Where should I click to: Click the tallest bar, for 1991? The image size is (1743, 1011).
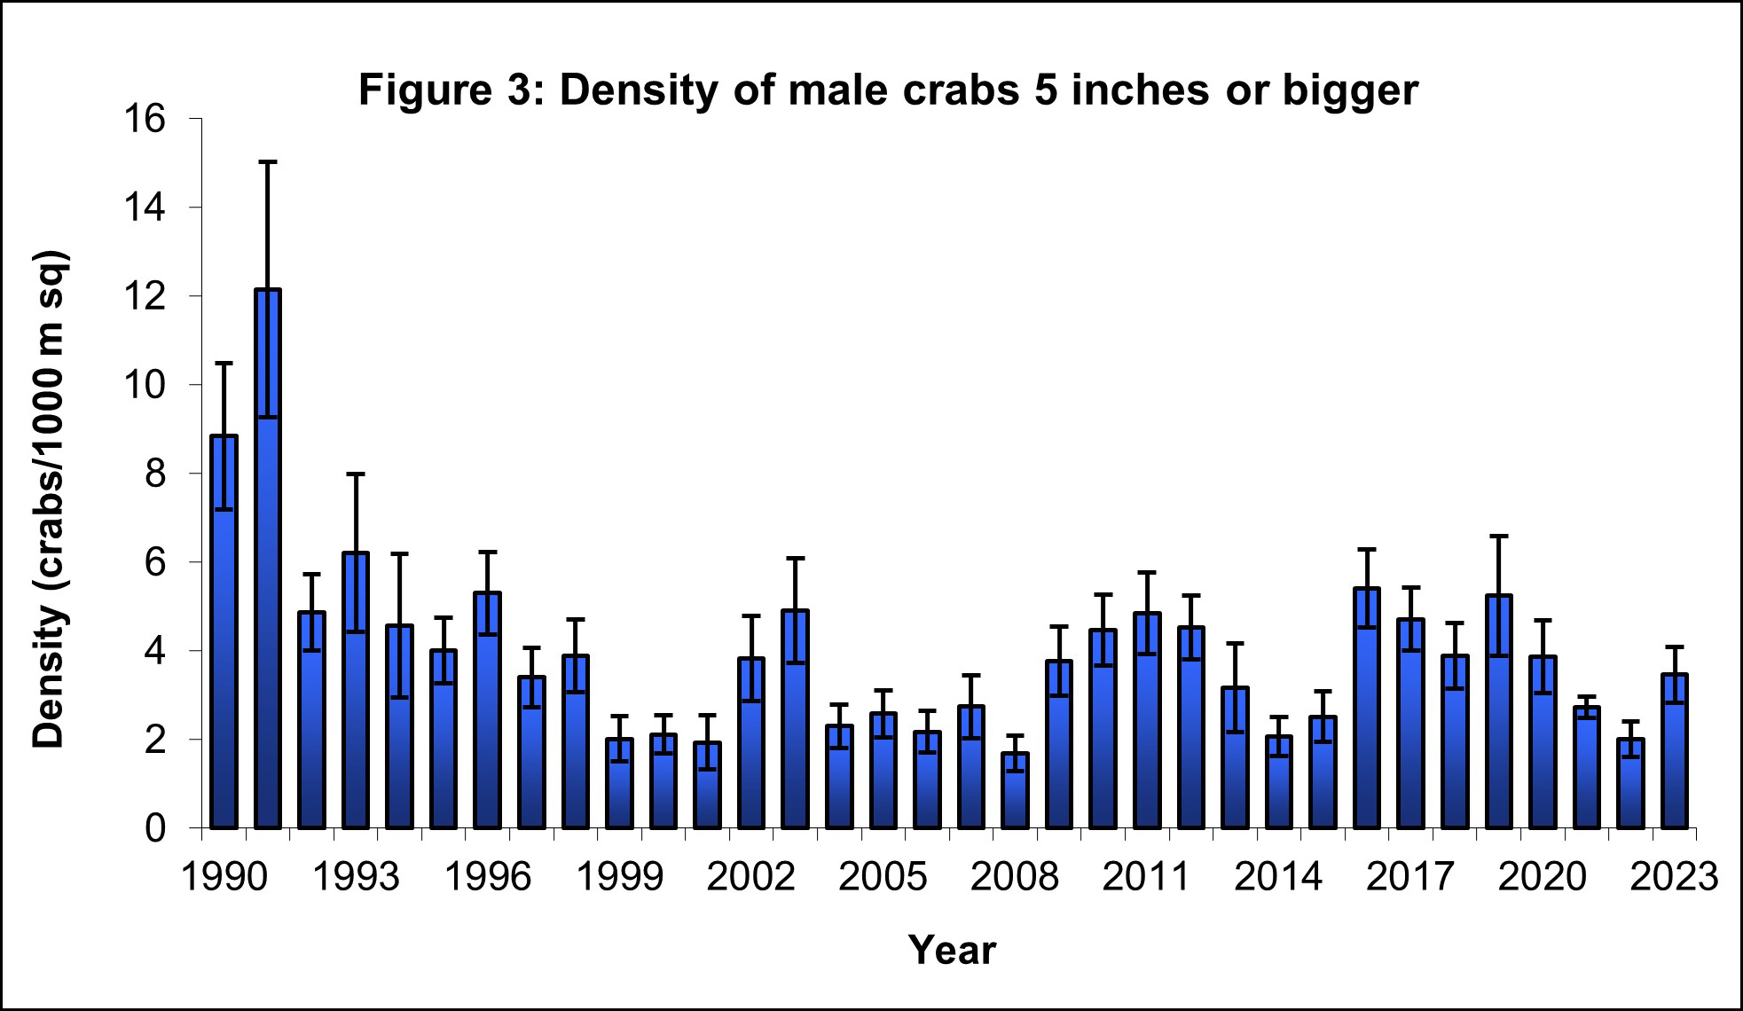(x=267, y=559)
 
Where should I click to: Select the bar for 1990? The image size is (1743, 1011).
(x=224, y=631)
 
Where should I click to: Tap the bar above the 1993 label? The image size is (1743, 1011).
(x=355, y=690)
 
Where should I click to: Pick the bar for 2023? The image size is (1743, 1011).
(x=1674, y=751)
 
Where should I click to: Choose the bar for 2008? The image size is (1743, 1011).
(x=1015, y=790)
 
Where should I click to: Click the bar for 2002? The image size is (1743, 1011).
(x=750, y=743)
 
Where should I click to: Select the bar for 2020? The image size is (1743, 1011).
(x=1543, y=742)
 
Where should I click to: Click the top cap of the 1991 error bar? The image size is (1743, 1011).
(x=267, y=162)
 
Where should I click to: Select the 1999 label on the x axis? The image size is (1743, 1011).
(x=618, y=877)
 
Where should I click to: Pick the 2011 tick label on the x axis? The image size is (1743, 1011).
(x=1146, y=877)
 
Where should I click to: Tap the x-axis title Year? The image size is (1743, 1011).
(x=952, y=950)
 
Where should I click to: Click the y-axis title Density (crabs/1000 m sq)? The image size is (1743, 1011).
(x=51, y=501)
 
